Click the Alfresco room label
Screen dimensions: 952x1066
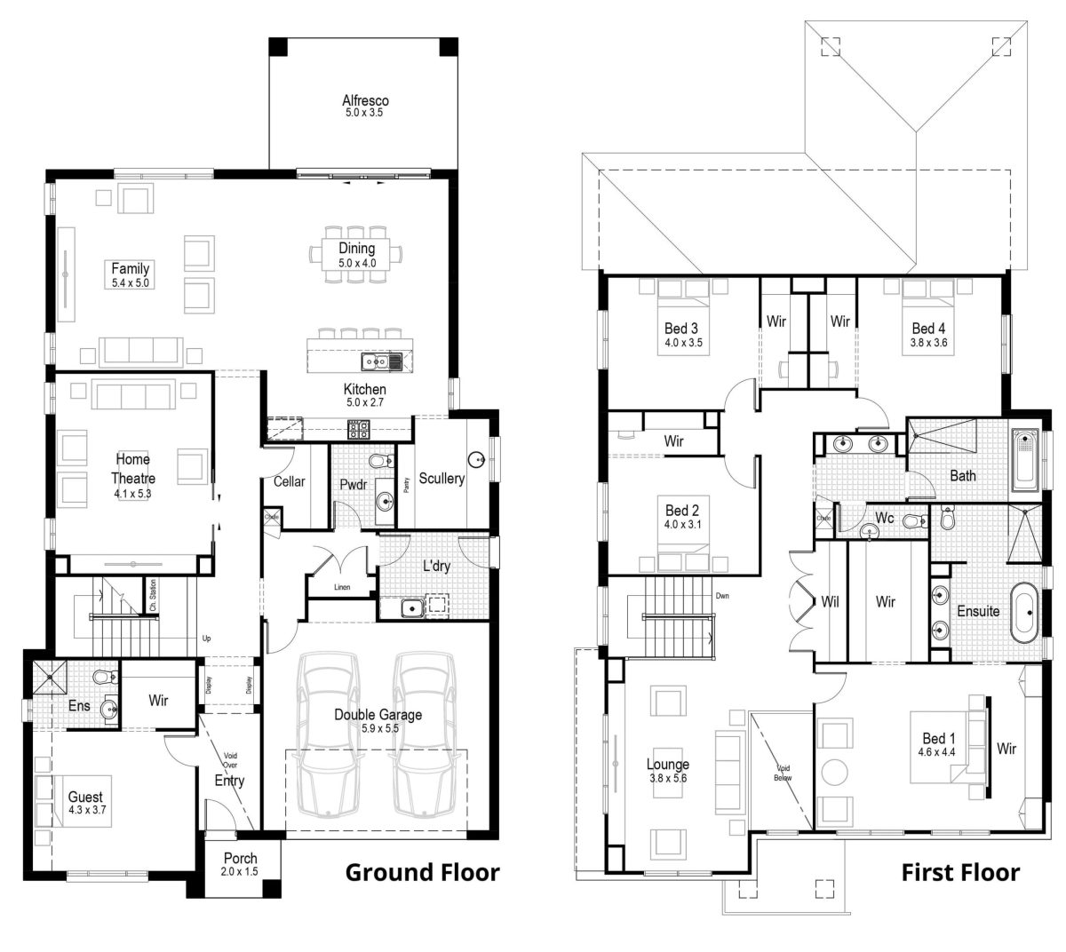tap(365, 100)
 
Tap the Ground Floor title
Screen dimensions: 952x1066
tap(422, 872)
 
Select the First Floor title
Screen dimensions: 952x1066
tap(960, 872)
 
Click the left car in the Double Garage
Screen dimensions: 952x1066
tap(330, 735)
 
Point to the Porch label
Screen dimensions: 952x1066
tap(240, 858)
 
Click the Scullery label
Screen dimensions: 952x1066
tap(442, 479)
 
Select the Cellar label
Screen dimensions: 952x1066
tap(289, 481)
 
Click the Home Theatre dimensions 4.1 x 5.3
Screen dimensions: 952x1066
tap(131, 492)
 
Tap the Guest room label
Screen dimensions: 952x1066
tap(85, 797)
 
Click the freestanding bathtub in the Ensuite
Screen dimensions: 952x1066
tap(1024, 613)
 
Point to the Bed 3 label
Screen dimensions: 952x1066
tap(682, 329)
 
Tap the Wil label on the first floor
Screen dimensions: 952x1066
tap(830, 602)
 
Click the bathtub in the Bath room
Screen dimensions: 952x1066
tap(1024, 459)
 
